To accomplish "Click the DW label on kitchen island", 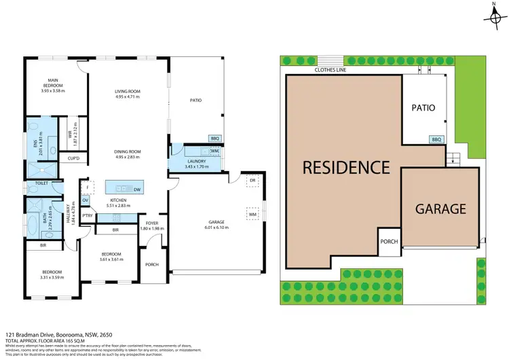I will [137, 190].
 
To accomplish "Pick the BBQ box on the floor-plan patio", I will [215, 138].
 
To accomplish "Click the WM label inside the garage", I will [252, 215].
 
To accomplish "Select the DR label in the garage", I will [252, 181].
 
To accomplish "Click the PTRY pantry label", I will [88, 216].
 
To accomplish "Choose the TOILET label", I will [34, 183].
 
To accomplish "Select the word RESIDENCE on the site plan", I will [346, 166].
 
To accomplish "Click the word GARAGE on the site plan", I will [440, 209].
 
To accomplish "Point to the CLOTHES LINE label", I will [330, 69].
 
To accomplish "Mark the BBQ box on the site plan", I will [436, 139].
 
